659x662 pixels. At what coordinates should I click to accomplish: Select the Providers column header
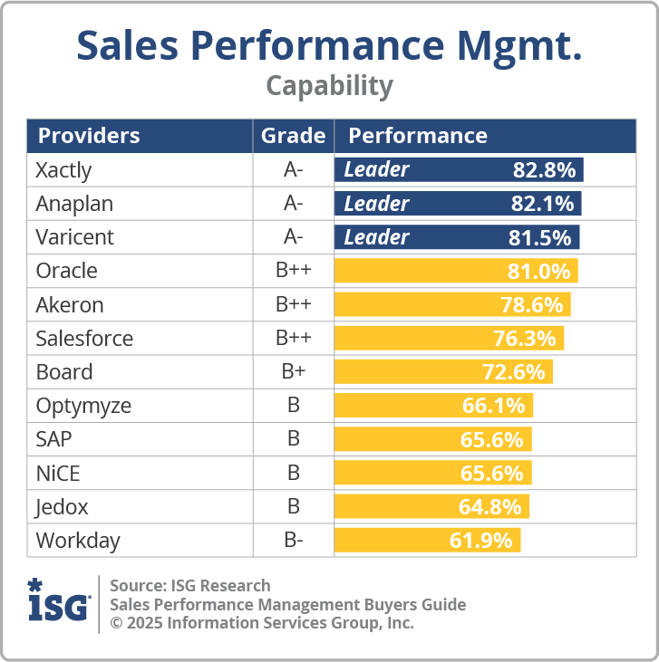pos(88,136)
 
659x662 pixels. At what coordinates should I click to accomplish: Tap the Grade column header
pos(293,136)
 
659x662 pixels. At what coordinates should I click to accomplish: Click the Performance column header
pos(418,136)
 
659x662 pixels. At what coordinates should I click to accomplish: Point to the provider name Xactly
pos(63,169)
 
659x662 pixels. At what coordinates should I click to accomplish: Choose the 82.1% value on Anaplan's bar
pos(543,204)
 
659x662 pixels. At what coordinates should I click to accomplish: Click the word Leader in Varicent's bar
pos(376,237)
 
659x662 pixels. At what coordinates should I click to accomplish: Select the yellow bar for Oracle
pos(456,271)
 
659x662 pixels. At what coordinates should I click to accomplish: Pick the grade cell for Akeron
pos(293,304)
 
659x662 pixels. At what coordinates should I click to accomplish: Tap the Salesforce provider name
pos(84,339)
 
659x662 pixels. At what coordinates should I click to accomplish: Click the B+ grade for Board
pos(293,372)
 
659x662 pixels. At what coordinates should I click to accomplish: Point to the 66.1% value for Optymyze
pos(493,406)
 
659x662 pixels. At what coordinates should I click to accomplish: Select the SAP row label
pos(53,439)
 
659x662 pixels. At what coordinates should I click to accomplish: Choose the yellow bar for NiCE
pos(432,473)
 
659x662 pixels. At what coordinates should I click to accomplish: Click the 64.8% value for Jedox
pos(489,506)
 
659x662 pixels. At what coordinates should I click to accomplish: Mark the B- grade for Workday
pos(293,541)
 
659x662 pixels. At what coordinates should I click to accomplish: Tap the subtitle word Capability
pos(329,85)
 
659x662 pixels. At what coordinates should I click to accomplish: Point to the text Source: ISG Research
pos(189,585)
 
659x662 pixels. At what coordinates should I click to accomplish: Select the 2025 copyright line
pos(261,623)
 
